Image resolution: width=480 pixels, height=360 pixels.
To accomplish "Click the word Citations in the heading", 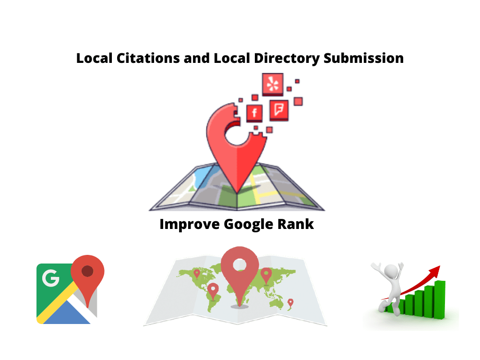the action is [148, 58].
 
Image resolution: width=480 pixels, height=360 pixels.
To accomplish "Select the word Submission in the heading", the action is [364, 58].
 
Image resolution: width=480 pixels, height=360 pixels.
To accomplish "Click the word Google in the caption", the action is [249, 225].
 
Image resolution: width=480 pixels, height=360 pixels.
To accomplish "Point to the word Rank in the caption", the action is [295, 224].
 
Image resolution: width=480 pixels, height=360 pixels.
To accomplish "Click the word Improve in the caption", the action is [190, 225].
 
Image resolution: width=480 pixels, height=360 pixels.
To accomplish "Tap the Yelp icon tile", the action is [273, 84].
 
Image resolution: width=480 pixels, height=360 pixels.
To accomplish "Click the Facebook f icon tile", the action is [254, 113].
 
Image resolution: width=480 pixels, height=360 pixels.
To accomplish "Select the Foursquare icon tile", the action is [279, 110].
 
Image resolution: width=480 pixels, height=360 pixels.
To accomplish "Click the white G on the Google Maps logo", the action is [50, 278].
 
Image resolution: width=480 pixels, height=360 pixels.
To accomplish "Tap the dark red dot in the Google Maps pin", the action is [87, 271].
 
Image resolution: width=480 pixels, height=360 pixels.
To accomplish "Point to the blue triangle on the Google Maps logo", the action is [67, 313].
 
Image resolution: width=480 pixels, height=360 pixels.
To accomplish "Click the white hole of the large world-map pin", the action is [240, 265].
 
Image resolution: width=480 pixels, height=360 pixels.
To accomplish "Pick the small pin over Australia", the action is [290, 303].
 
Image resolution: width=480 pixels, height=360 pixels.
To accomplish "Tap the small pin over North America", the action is [197, 274].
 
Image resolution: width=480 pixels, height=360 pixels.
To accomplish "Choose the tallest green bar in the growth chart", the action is [440, 300].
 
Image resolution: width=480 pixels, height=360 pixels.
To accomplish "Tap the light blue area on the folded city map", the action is [202, 177].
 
